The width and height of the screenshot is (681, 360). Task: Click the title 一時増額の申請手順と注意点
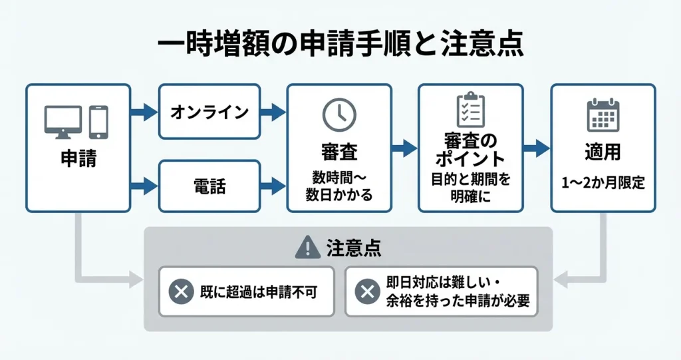tap(340, 45)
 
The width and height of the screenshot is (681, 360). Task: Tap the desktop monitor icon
tap(63, 122)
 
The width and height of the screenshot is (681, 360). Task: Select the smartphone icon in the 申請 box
tap(98, 122)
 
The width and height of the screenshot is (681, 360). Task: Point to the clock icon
tap(339, 115)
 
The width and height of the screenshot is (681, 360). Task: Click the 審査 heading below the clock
tap(339, 152)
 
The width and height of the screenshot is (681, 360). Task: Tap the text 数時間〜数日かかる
tap(339, 186)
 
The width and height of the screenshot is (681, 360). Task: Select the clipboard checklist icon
tap(470, 110)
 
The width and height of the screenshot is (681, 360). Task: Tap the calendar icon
tap(603, 115)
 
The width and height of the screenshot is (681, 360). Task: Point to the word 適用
tap(603, 152)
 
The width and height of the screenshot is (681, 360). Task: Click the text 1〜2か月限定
tap(603, 184)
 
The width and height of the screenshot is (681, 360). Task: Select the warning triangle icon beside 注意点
tap(307, 248)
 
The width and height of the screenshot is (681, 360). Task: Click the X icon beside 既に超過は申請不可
tap(181, 291)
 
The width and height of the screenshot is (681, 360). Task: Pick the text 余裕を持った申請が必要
tap(458, 301)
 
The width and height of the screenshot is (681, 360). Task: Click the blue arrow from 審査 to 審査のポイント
tap(404, 148)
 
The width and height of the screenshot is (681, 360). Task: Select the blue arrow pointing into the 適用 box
tap(536, 148)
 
